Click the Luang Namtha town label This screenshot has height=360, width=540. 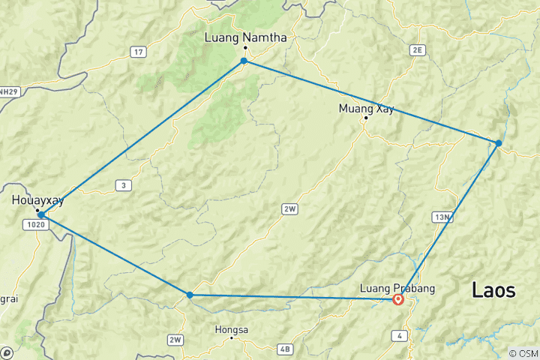coord(245,36)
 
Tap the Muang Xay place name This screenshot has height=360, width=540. coord(365,108)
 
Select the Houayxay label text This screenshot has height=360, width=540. coord(38,200)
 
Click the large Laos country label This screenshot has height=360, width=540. coord(493,290)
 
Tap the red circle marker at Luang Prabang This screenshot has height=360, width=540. coord(398,300)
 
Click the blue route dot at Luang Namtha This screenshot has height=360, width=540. coord(244,60)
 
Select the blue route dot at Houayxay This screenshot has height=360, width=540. coord(41,214)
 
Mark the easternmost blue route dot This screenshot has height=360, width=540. coord(499,142)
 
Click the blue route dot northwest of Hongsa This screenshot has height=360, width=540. coord(190,295)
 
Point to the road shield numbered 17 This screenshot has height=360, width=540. coord(137,51)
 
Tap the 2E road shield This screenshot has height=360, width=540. coord(418,49)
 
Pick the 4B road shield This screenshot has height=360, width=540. coord(284,348)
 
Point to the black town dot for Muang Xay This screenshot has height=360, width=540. coord(366,118)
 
